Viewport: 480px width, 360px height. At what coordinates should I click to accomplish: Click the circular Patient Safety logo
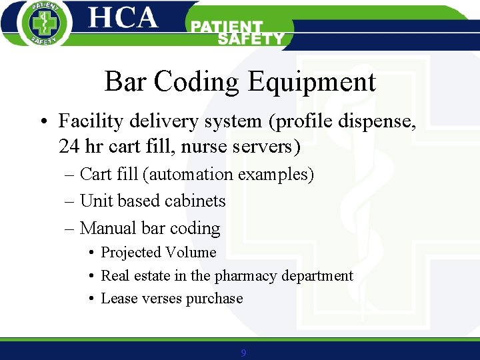(43, 24)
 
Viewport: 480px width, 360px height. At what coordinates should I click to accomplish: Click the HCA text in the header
(123, 18)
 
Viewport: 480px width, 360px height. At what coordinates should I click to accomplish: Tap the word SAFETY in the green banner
(251, 39)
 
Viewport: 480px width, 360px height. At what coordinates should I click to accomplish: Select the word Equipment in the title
(312, 82)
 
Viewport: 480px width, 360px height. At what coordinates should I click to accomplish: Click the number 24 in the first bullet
(69, 145)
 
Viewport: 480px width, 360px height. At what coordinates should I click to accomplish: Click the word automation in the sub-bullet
(191, 175)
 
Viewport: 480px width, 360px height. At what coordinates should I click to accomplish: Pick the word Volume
(193, 253)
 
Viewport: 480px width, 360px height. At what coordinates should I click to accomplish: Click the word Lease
(118, 299)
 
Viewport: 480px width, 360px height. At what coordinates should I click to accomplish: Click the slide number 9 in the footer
(243, 353)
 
